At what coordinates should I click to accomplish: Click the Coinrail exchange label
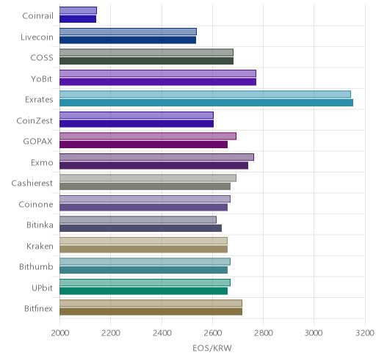coord(37,16)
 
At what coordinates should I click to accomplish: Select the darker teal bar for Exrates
coord(206,103)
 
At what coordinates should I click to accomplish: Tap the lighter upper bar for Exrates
coord(205,95)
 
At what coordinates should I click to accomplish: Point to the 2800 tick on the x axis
coord(264,333)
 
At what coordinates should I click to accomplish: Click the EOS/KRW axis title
coord(212,348)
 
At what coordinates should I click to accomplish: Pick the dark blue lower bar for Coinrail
coord(78,19)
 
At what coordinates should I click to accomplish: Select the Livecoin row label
coord(37,37)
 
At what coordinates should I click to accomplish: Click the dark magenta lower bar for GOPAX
coord(143,145)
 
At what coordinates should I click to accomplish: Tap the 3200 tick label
coord(365,333)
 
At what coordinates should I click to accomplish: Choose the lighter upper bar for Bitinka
coord(138,219)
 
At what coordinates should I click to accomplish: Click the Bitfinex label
coord(38,309)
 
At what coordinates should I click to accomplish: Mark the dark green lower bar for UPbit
coord(143,291)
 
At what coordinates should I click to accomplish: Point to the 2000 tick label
coord(60,333)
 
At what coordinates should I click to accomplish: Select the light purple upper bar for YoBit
coord(158,73)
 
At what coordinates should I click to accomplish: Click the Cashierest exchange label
coord(32,183)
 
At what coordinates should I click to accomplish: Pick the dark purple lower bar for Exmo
coord(153,166)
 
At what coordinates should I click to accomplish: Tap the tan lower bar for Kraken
coord(143,249)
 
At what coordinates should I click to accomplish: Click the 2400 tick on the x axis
coord(162,333)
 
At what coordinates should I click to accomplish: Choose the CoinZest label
coord(35,121)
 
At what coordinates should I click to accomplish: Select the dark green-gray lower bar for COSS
coord(146,61)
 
